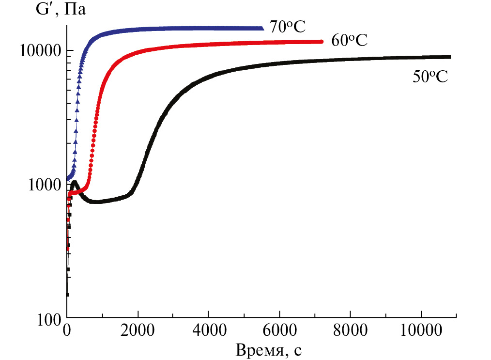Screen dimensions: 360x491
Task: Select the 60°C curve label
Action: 349,40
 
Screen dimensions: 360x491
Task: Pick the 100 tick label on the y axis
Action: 50,319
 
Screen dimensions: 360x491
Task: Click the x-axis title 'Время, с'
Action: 269,349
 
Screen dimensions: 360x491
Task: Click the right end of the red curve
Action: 321,42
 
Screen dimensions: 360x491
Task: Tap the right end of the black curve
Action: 449,57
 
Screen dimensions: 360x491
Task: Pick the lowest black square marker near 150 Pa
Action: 67,294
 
